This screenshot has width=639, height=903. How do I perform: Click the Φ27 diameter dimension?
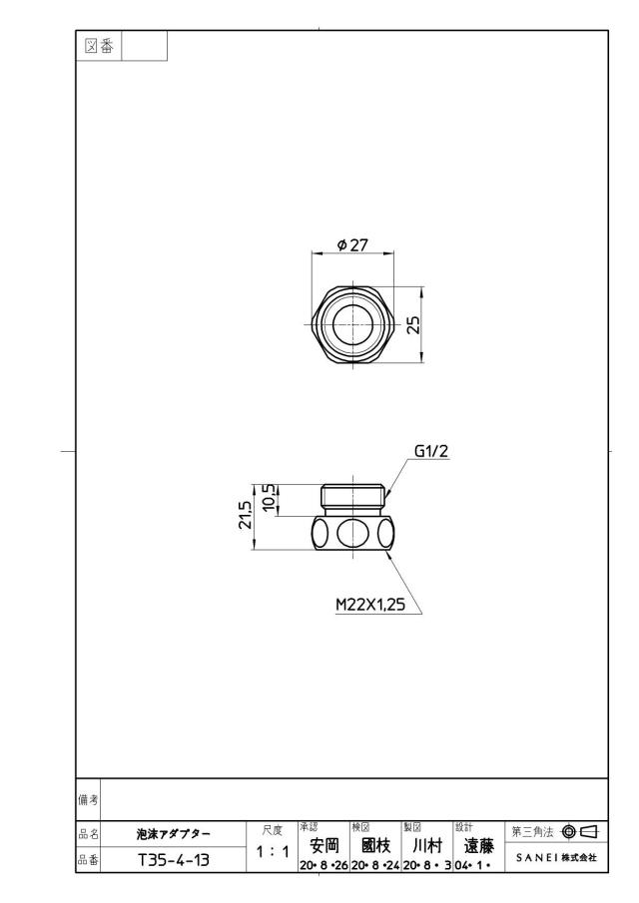click(351, 245)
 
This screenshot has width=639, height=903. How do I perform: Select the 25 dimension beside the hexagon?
click(413, 325)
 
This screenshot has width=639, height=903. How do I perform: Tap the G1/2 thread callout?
click(431, 451)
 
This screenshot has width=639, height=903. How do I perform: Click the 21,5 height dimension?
click(246, 515)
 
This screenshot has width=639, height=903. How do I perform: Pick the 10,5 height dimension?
click(270, 497)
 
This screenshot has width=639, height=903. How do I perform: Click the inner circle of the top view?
click(351, 325)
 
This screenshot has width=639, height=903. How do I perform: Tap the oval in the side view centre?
click(351, 533)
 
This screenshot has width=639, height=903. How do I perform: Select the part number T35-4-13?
click(174, 860)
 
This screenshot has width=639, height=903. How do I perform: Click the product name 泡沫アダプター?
click(174, 834)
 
